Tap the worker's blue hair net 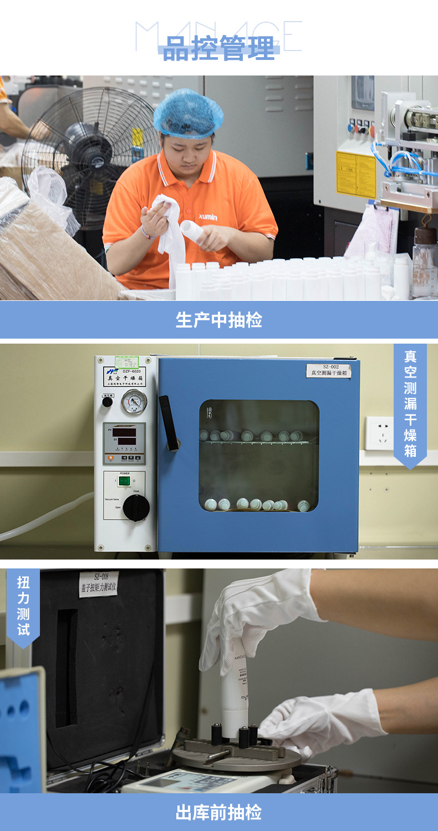188,114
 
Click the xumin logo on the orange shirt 208,216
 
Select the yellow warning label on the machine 355,174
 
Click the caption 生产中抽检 219,320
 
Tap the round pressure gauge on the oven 134,401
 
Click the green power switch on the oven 125,481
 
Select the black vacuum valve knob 136,507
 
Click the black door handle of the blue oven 169,422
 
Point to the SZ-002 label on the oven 329,370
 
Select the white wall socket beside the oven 379,433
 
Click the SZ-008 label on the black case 98,584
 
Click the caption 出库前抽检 219,813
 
